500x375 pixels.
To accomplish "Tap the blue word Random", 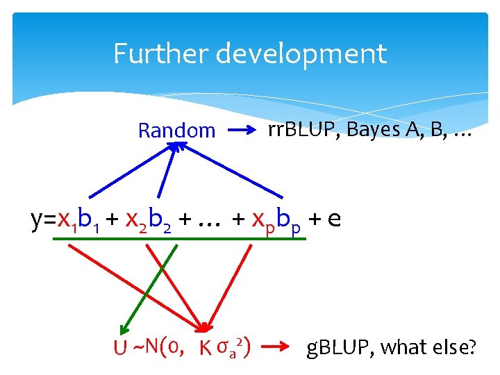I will tap(176, 130).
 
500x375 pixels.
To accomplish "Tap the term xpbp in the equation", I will tap(277, 220).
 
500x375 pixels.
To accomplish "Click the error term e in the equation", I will tap(333, 219).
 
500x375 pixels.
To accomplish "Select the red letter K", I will tap(205, 345).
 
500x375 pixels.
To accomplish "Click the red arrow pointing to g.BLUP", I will tap(277, 344).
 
